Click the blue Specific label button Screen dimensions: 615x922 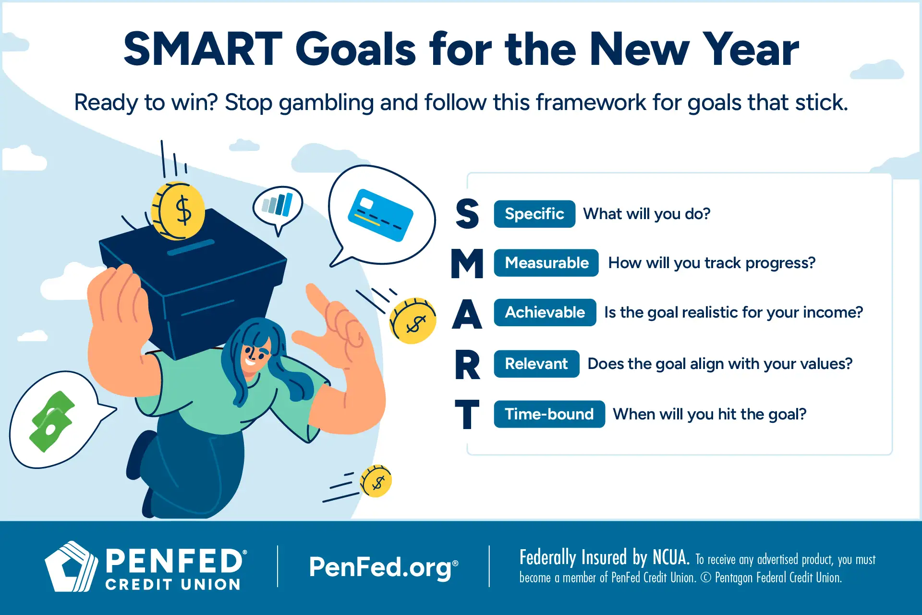pos(534,214)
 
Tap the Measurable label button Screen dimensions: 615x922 pos(546,263)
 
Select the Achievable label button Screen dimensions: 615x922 pos(545,312)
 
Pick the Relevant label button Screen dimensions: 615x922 pos(536,364)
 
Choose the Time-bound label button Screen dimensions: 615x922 pos(549,414)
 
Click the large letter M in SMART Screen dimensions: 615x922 pos(467,264)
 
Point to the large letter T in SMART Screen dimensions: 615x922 pos(467,414)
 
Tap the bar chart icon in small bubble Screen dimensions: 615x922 pos(277,205)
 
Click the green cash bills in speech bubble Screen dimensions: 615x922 pos(51,421)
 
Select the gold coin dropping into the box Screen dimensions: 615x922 pos(178,211)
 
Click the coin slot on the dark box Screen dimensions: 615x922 pos(191,247)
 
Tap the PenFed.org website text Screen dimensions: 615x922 pos(383,567)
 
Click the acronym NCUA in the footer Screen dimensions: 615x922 pos(670,558)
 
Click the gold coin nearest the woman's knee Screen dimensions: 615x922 pos(376,481)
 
